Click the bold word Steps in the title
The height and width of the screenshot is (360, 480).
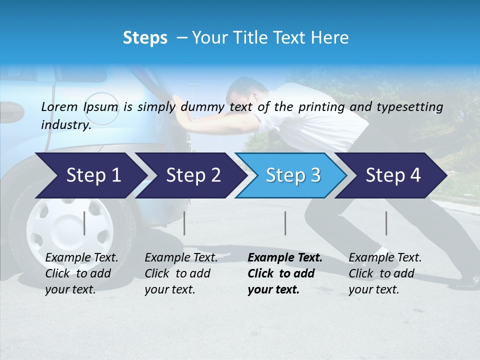(x=145, y=38)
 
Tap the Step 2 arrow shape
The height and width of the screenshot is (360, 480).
(x=190, y=175)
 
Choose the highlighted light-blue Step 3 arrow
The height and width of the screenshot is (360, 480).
(x=291, y=175)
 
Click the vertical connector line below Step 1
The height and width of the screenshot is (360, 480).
(x=84, y=223)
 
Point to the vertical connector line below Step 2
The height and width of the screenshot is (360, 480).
(x=184, y=223)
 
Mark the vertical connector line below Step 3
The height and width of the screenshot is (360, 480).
(x=285, y=223)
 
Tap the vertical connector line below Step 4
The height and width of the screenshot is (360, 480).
(x=386, y=223)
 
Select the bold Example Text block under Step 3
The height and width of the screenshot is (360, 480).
(x=285, y=273)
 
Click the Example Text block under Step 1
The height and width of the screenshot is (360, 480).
(x=81, y=273)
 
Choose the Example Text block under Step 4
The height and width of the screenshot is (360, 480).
(x=385, y=273)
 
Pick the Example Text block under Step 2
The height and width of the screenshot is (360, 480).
(x=181, y=273)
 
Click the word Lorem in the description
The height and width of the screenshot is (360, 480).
(x=59, y=106)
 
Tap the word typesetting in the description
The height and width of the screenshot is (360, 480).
(x=410, y=106)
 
